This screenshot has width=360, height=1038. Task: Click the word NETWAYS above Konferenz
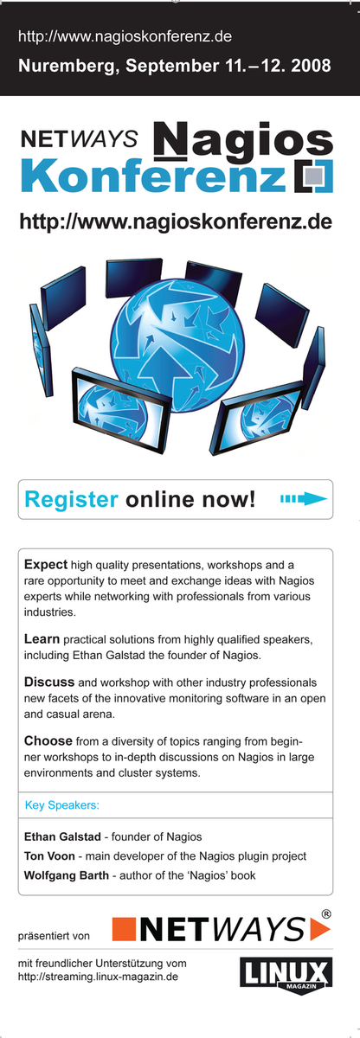(80, 138)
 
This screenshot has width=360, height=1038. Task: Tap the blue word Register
(71, 500)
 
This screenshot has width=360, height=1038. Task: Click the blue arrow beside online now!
(304, 498)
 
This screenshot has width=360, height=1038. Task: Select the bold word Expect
(46, 565)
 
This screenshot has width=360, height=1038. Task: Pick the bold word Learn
(42, 639)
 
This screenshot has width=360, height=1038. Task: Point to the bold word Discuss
(49, 682)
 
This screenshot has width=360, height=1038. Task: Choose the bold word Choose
(48, 740)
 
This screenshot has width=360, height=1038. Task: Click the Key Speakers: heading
(62, 805)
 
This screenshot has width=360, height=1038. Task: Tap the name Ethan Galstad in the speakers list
(62, 836)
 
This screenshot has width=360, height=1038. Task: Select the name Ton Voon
(49, 855)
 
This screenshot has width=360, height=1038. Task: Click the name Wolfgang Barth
(67, 875)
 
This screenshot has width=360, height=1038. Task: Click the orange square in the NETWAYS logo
(124, 929)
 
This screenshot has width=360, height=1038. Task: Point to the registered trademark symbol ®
(325, 914)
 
